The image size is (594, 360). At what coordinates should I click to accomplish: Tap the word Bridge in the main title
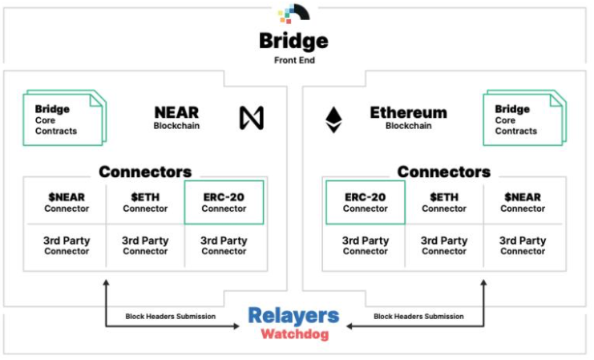pos(293,40)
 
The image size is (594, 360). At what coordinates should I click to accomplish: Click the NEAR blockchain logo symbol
pos(251,118)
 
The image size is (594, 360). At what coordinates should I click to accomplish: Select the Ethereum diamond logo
pos(333,119)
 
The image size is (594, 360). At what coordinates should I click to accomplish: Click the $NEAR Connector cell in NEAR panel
pos(67,202)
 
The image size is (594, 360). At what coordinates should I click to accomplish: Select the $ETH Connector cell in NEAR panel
pos(145,202)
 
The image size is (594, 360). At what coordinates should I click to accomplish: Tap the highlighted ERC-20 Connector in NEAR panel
pos(224,202)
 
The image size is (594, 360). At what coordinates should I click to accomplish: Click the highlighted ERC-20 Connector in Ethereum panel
pos(365,202)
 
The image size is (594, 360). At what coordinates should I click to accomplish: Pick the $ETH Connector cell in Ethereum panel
pos(443,202)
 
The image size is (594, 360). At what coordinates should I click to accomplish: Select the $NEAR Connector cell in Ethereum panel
pos(522,202)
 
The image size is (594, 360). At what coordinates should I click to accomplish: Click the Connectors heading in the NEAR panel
pos(145,172)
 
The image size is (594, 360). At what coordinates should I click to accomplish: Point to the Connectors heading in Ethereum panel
pos(443,172)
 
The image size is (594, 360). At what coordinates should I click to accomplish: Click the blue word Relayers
pos(293,316)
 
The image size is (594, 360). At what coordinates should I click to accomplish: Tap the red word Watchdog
pos(294,334)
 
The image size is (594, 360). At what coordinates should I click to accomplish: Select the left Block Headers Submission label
pos(170,317)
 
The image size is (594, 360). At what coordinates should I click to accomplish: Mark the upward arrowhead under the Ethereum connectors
pos(483,283)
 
